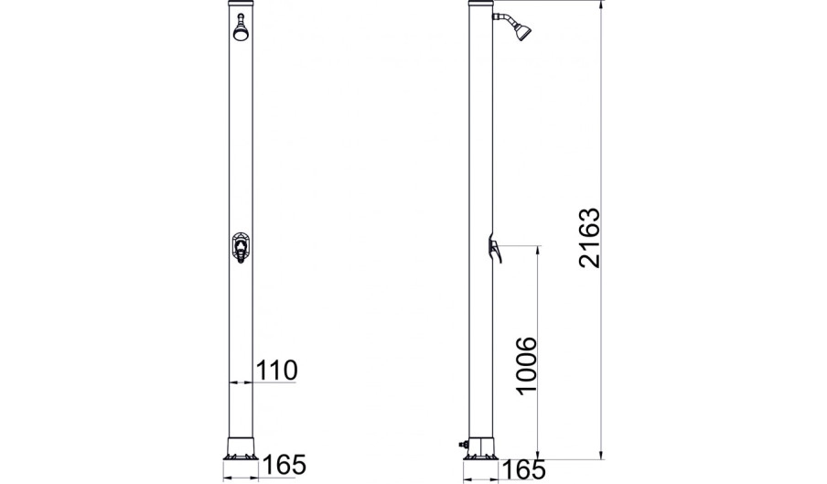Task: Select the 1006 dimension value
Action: pos(526,365)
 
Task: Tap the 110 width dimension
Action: pos(276,371)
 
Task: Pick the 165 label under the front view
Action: pos(285,465)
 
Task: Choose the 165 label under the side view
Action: pos(523,469)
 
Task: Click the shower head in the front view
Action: pos(241,28)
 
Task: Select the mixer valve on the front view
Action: pos(241,248)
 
